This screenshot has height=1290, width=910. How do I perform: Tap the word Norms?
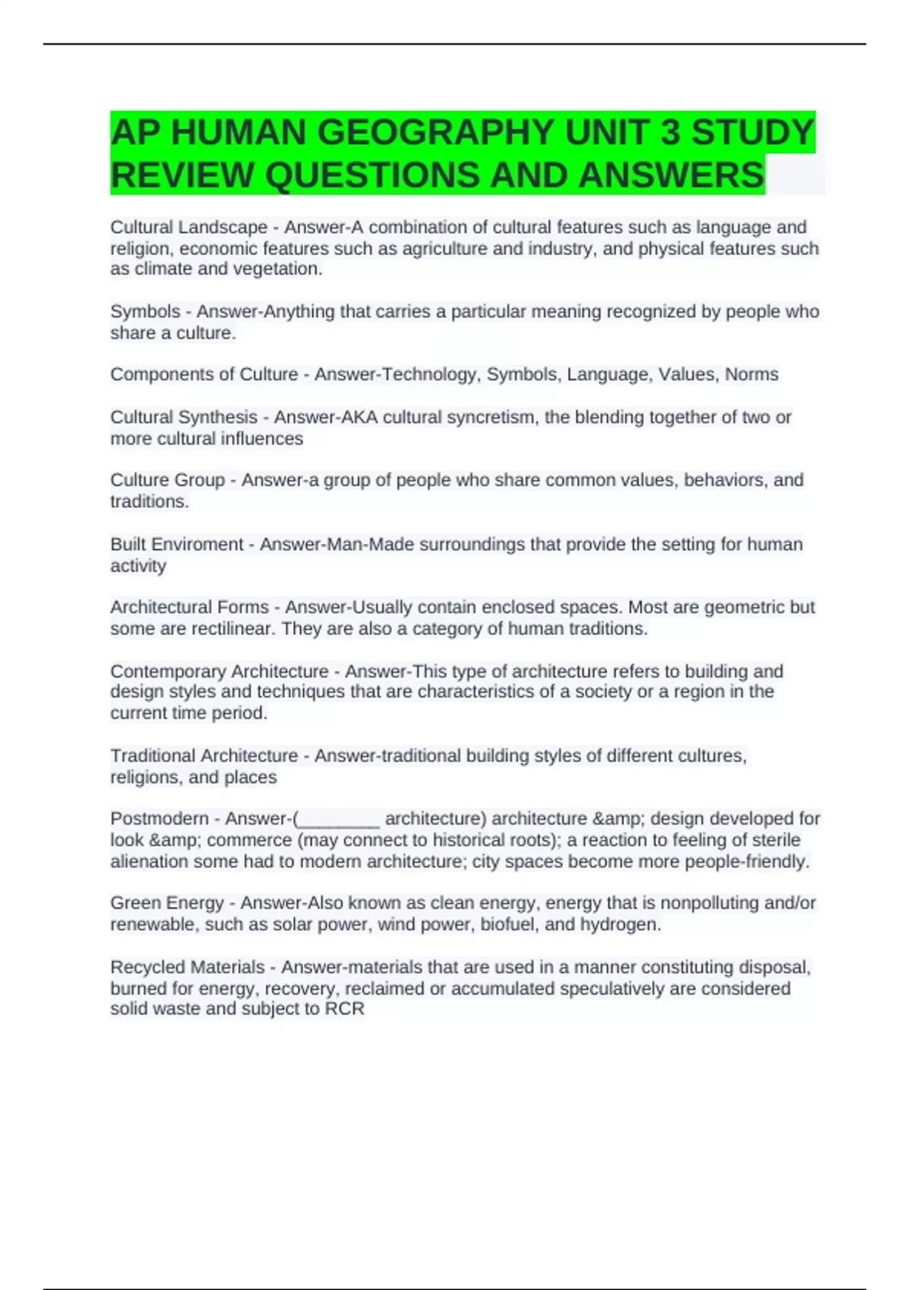(752, 374)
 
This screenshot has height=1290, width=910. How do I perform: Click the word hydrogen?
(620, 924)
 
